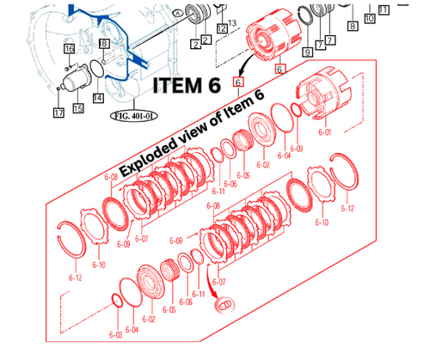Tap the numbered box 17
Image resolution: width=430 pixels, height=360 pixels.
coord(58,113)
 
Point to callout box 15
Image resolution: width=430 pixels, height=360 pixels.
coord(78,108)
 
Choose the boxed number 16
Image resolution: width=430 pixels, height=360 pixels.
coord(69,49)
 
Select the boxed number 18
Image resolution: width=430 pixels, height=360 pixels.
coord(103,43)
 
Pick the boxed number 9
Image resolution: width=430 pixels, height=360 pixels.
coord(308,52)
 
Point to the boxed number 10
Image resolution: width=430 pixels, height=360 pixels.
coord(369,17)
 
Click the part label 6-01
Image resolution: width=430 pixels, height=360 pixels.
coord(324,132)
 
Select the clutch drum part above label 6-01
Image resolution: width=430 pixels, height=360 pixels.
coord(326,97)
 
